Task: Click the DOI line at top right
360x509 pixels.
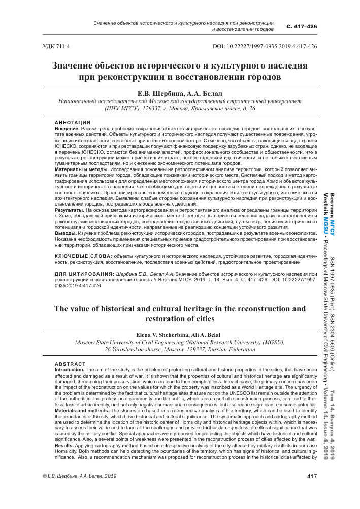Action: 267,46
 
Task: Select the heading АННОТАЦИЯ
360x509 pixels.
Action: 73,122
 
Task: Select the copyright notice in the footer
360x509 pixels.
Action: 72,490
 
